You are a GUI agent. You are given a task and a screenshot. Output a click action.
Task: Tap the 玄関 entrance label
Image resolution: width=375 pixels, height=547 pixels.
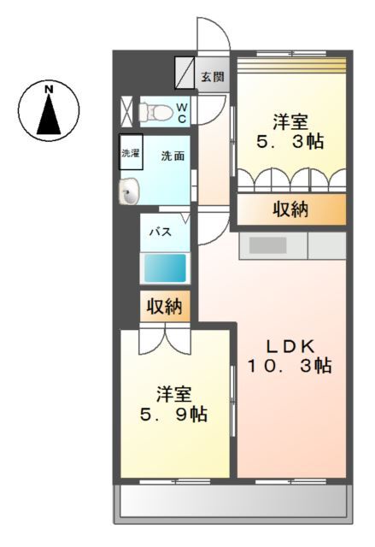(214, 76)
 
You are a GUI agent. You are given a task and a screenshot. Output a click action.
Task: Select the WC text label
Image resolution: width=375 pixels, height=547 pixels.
(182, 112)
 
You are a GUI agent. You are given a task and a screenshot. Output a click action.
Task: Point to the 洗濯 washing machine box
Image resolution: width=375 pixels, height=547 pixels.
(130, 154)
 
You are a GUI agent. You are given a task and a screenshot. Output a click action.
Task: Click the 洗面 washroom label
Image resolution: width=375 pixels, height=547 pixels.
(173, 156)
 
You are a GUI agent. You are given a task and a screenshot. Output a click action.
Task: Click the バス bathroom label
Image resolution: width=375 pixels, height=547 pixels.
(161, 232)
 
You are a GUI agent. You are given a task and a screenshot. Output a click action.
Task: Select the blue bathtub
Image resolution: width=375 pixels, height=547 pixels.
(164, 268)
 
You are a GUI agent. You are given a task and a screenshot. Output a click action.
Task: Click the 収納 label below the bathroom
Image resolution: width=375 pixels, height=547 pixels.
(162, 307)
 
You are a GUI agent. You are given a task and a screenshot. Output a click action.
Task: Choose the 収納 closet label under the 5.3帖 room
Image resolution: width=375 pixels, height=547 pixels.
(290, 209)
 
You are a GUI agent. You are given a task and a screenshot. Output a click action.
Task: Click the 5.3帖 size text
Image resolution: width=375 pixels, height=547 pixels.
(290, 142)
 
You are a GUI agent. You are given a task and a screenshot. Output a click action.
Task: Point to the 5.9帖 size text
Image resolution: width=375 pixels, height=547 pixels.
(174, 415)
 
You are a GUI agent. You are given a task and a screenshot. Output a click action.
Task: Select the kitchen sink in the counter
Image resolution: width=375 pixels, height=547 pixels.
(267, 245)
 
